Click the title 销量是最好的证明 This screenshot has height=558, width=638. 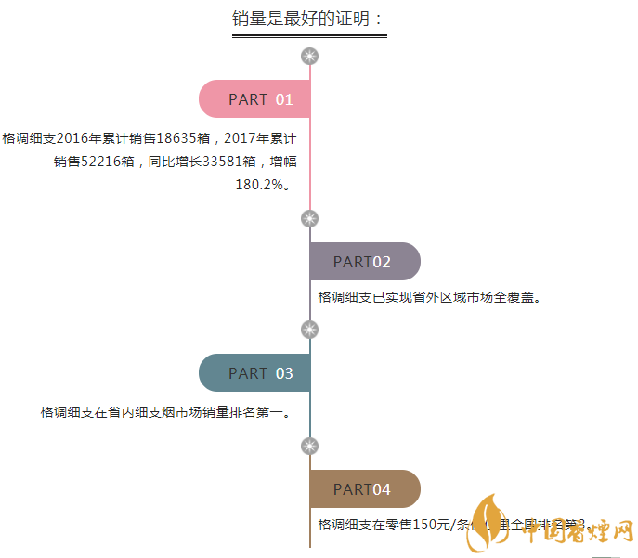(x=308, y=19)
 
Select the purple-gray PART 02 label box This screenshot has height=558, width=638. (x=364, y=262)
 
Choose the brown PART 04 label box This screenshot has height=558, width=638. (x=364, y=489)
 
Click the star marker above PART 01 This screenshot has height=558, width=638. (x=310, y=57)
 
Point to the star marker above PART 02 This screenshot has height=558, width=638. (x=310, y=218)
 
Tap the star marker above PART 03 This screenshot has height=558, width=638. (x=310, y=330)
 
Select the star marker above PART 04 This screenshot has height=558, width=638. (x=310, y=446)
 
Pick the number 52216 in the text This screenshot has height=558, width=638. (x=99, y=162)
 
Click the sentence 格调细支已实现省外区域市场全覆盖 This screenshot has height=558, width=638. (x=429, y=298)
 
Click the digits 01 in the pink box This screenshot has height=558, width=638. (x=284, y=99)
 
